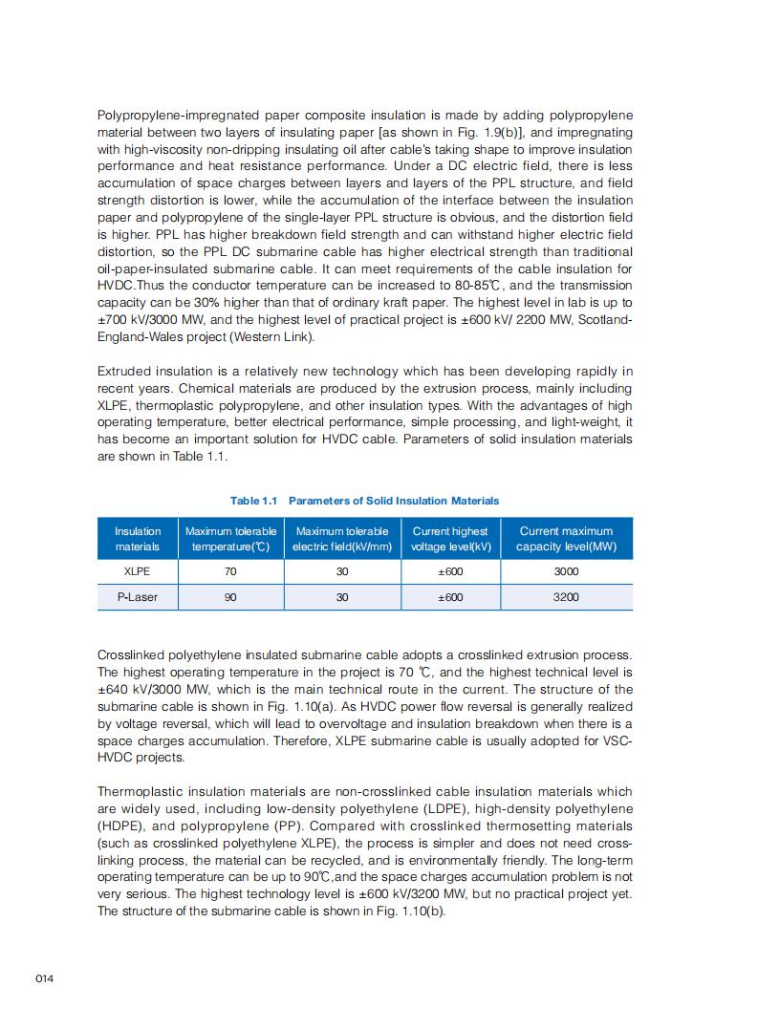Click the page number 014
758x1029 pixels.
click(44, 979)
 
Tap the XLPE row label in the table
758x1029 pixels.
click(138, 571)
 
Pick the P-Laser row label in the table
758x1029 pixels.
click(138, 597)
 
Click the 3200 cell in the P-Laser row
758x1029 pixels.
click(566, 597)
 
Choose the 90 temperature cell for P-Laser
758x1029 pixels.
click(230, 597)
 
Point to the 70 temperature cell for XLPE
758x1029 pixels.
click(230, 571)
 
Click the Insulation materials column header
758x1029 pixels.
click(138, 539)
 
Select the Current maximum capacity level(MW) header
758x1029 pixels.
click(566, 539)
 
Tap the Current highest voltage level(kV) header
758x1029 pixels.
click(450, 539)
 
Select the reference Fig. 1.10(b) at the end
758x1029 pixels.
click(410, 911)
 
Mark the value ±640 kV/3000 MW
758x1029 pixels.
click(151, 689)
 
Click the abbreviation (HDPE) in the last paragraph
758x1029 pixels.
click(124, 825)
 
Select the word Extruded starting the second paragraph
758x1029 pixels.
click(124, 371)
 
